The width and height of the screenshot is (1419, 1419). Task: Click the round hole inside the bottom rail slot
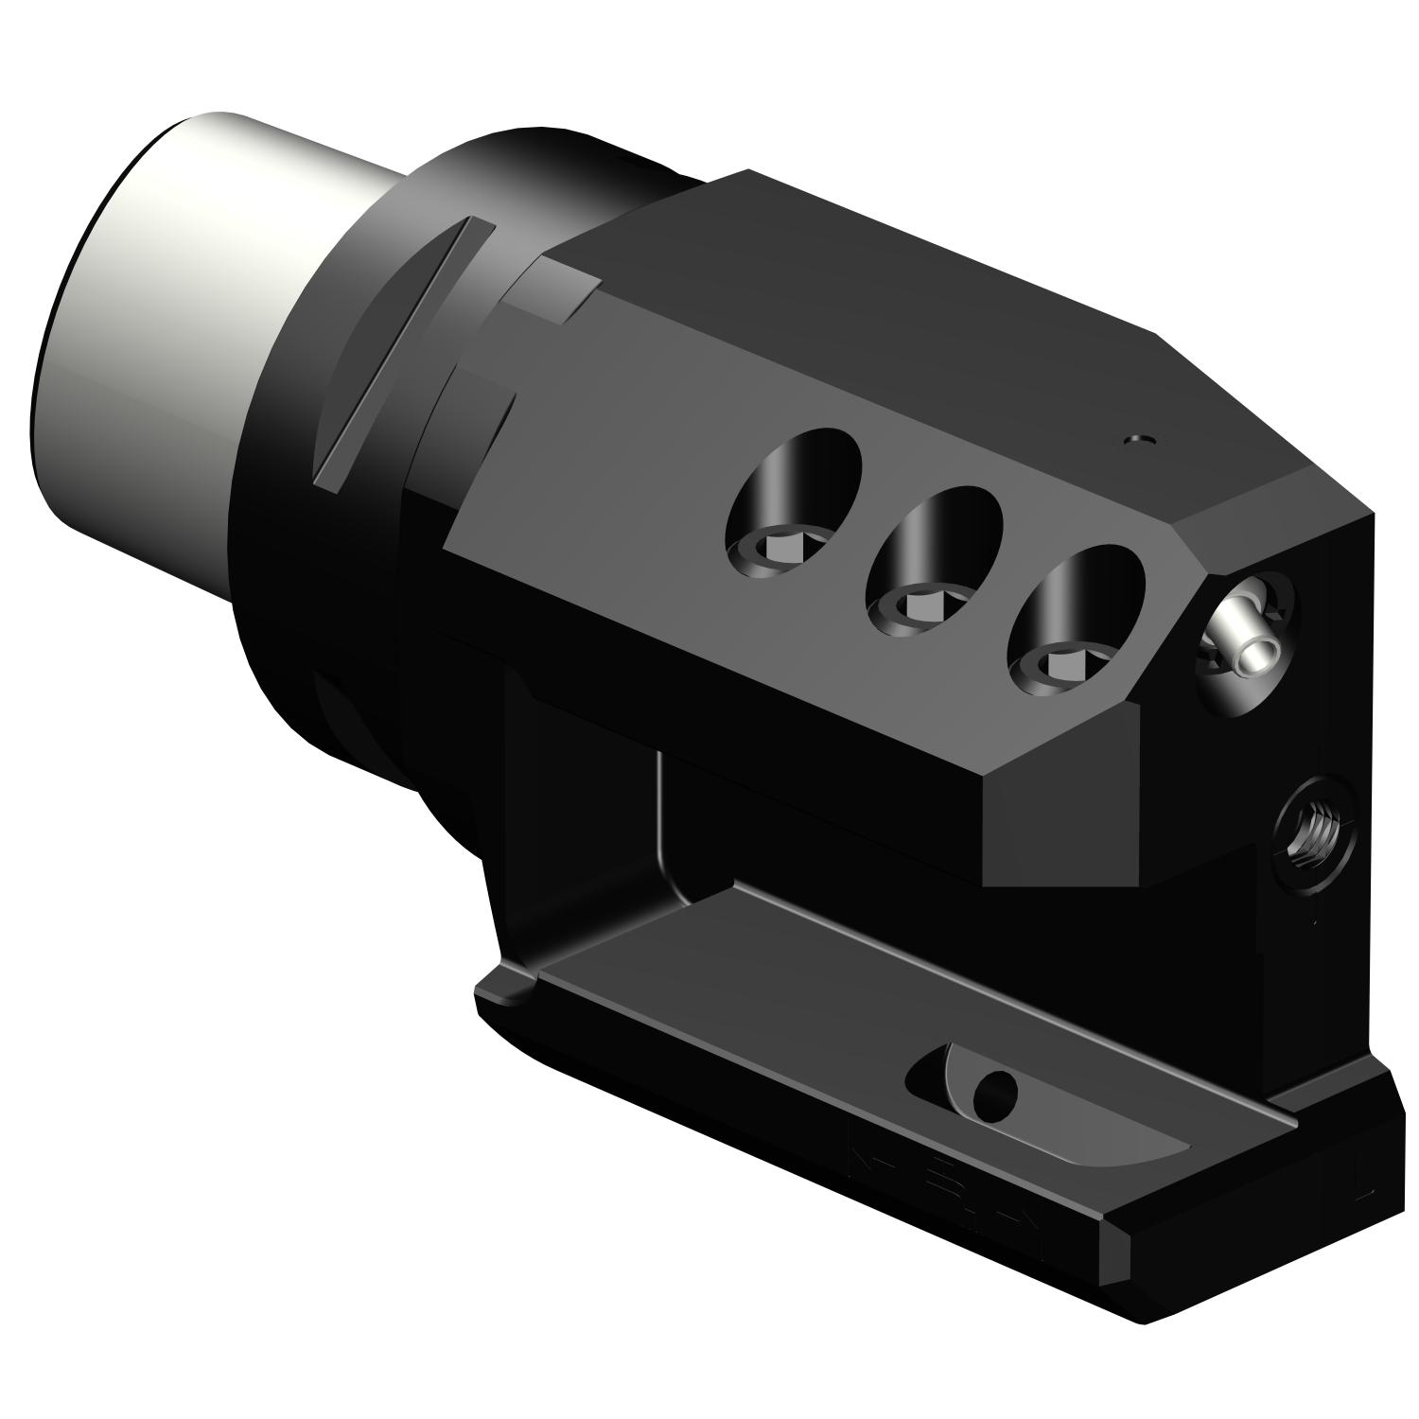[995, 1095]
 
